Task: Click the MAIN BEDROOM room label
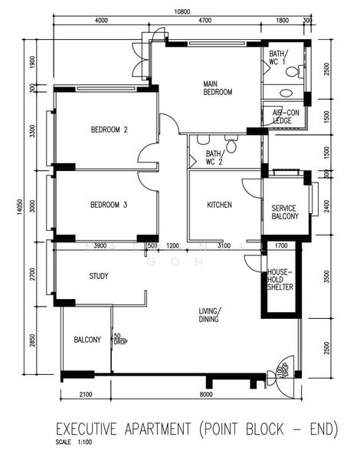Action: tap(218, 87)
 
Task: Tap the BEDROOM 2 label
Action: tap(109, 130)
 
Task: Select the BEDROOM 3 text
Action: tap(109, 205)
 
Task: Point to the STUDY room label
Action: tap(98, 276)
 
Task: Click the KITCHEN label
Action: tap(220, 205)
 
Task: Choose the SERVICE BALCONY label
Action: tap(284, 212)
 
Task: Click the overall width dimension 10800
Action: tap(181, 11)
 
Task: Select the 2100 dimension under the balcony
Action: tap(85, 394)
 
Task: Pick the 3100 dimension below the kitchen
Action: tap(224, 245)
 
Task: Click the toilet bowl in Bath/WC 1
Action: tap(294, 71)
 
